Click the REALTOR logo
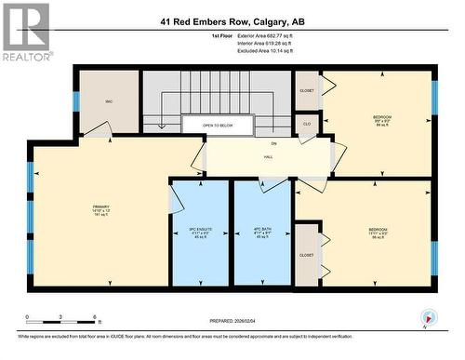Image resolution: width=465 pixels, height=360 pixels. [25, 33]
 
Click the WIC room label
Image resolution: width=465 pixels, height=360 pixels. [109, 99]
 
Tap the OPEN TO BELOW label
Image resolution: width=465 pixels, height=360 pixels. [218, 125]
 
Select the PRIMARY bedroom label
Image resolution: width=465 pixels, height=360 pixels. [101, 207]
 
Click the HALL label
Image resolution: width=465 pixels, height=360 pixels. [269, 157]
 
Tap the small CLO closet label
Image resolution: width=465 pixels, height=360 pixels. [306, 123]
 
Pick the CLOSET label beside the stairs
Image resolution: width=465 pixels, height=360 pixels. [306, 91]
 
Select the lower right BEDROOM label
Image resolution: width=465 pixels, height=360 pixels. [377, 230]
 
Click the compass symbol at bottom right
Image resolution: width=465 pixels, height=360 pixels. [428, 317]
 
